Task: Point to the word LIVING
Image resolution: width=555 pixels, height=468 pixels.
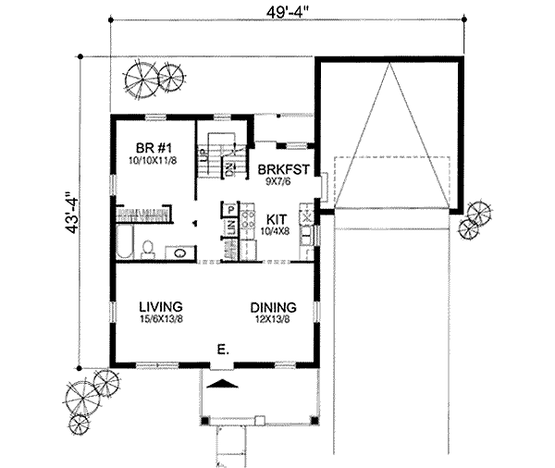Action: [160, 307]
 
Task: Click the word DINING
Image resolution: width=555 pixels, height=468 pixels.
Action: [272, 307]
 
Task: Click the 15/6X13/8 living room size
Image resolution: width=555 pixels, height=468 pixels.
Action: [161, 320]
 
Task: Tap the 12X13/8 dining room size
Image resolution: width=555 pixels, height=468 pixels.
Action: [272, 320]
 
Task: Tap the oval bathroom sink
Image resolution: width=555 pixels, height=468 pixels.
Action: [179, 252]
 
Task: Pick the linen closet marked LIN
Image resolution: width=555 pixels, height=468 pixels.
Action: [228, 246]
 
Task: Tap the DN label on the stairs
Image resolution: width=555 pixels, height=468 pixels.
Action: [232, 169]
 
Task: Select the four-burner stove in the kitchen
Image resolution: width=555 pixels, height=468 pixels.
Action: [248, 220]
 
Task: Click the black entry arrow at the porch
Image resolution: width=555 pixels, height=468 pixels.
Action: [220, 381]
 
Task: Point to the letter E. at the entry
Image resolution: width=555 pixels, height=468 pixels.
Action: [222, 351]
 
